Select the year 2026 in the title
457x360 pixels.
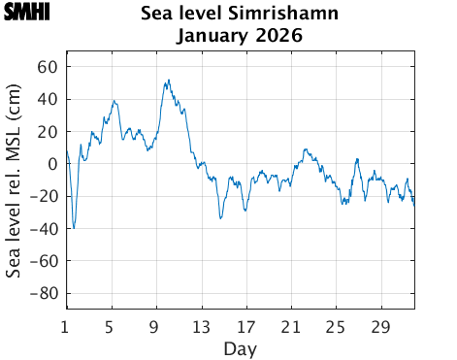tap(278, 36)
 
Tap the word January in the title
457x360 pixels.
tap(213, 36)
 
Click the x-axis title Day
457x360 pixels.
tap(240, 347)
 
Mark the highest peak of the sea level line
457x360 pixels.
tap(169, 81)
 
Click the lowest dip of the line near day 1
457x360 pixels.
tap(74, 228)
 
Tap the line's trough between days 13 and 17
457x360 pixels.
tap(221, 218)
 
